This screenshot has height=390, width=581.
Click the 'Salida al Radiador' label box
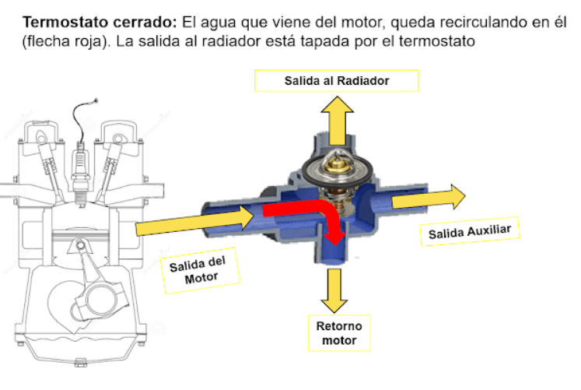[x=336, y=81]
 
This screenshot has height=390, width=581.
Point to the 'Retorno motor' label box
[x=338, y=332]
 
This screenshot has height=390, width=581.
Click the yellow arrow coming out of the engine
[x=194, y=222]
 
